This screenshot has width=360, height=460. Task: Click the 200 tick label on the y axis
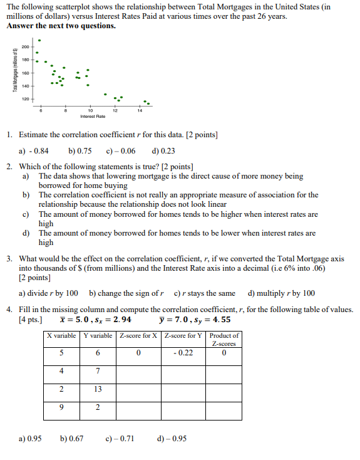pos(24,47)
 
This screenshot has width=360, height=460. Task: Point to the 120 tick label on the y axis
pos(24,99)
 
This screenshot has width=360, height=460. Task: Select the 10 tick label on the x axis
pos(88,111)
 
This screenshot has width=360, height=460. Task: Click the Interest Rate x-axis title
pos(88,117)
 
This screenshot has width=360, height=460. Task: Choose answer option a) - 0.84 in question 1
pos(34,150)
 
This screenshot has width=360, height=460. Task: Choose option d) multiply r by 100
pos(281,293)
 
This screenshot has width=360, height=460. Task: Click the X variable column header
pos(61,335)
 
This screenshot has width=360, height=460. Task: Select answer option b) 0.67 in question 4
pos(72,438)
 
